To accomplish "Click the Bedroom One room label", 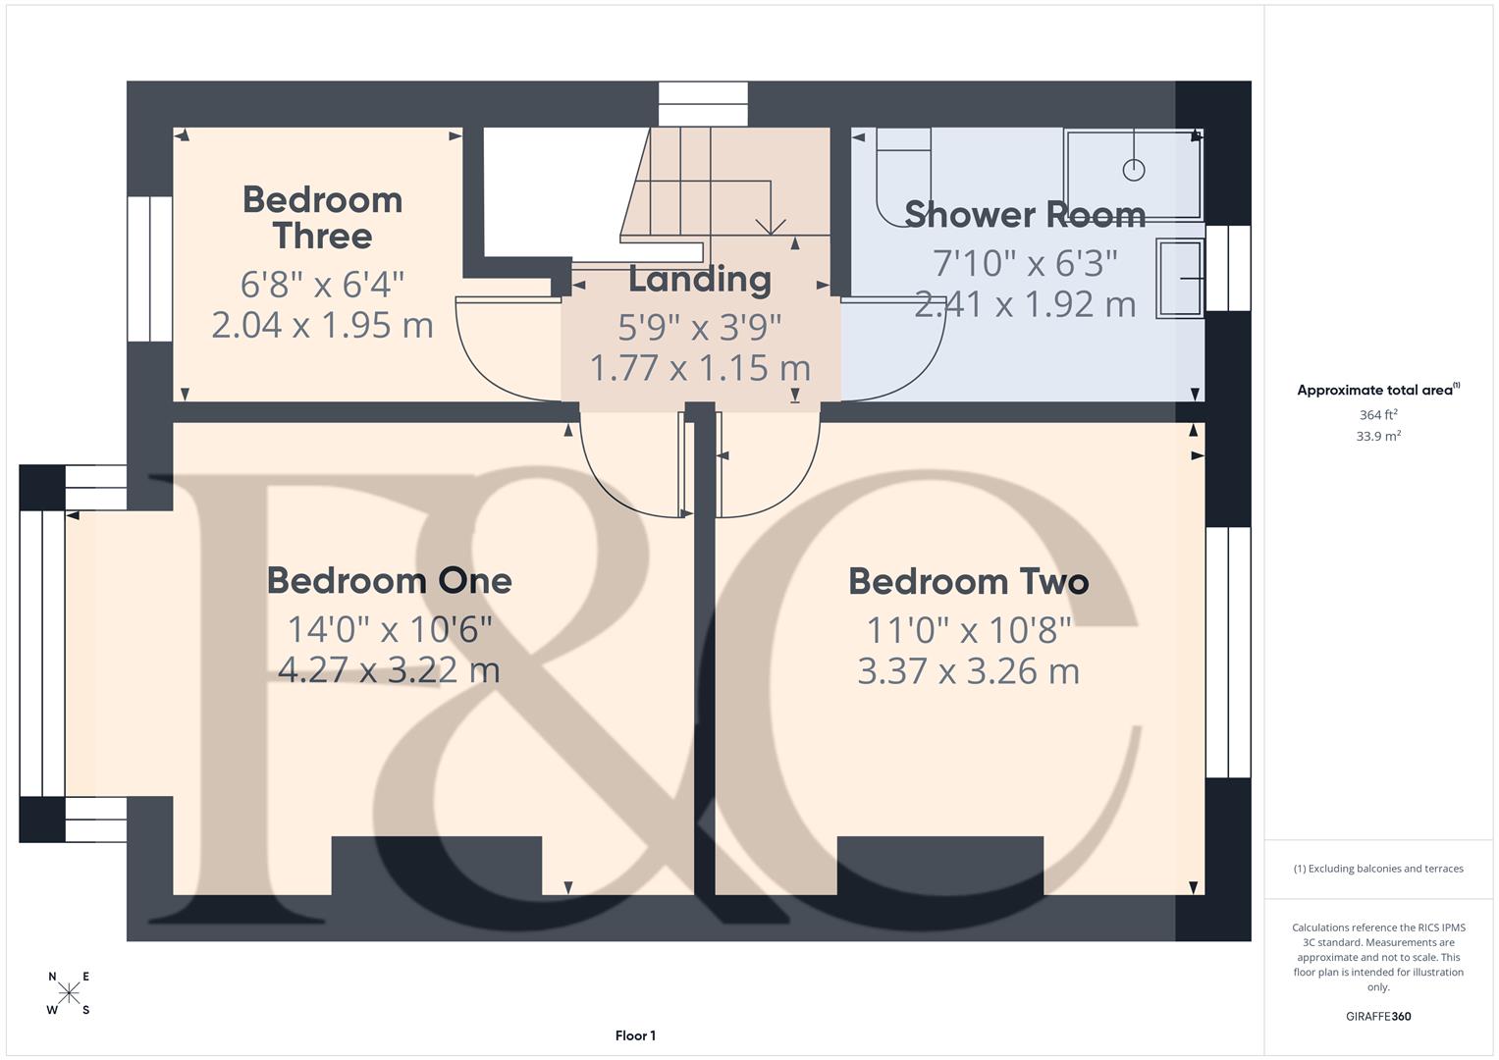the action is [390, 581].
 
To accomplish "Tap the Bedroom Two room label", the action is [969, 581].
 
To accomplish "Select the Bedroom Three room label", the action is [323, 218].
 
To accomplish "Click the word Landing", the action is [700, 280].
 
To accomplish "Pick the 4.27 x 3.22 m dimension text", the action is [390, 669].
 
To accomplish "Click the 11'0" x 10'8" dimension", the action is [969, 630].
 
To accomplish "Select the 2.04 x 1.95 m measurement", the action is [323, 325].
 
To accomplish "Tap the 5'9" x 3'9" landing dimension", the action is [700, 328].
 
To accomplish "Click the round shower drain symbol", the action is [1134, 170].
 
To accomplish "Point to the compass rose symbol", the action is [69, 992].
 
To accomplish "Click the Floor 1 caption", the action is [636, 1035].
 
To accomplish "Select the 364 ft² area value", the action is [1378, 414].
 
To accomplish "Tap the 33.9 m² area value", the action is [1378, 436].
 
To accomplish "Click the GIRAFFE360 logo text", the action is [1378, 1016].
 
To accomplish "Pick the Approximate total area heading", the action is [1378, 390].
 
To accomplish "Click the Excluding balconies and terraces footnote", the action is [1378, 869].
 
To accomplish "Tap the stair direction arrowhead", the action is [771, 228].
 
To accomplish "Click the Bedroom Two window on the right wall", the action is [1229, 653].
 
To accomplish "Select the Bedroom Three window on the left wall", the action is [150, 269].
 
